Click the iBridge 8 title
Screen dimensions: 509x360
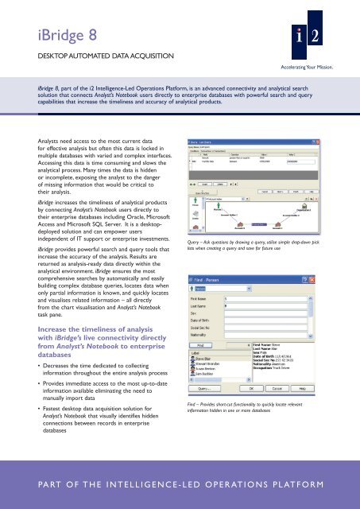click(x=50, y=29)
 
